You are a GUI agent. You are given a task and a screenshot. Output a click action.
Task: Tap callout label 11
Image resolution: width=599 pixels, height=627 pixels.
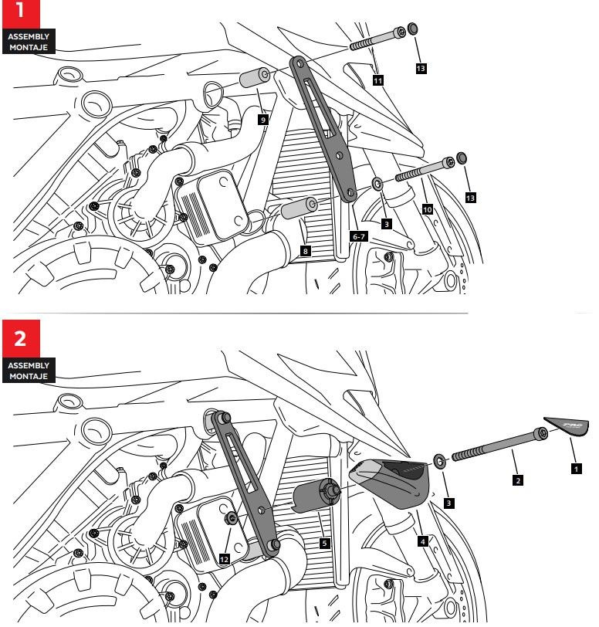tap(377, 79)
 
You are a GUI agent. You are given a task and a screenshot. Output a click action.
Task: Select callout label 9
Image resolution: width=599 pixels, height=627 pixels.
tap(263, 120)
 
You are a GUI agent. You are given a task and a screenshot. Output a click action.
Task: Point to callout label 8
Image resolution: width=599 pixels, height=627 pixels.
tap(306, 251)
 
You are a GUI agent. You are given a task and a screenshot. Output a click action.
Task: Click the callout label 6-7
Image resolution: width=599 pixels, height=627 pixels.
tap(358, 237)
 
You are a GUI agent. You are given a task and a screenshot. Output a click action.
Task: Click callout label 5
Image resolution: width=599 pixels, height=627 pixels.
tap(324, 543)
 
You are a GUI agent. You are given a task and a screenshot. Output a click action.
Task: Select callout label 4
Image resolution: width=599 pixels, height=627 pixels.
tap(422, 542)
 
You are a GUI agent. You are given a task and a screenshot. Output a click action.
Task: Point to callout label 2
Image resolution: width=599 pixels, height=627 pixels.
tap(516, 480)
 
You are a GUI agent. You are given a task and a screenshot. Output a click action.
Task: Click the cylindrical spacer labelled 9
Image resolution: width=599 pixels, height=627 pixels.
tap(253, 79)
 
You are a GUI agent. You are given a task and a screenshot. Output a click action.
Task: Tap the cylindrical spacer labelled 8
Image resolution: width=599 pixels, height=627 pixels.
tap(300, 208)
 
